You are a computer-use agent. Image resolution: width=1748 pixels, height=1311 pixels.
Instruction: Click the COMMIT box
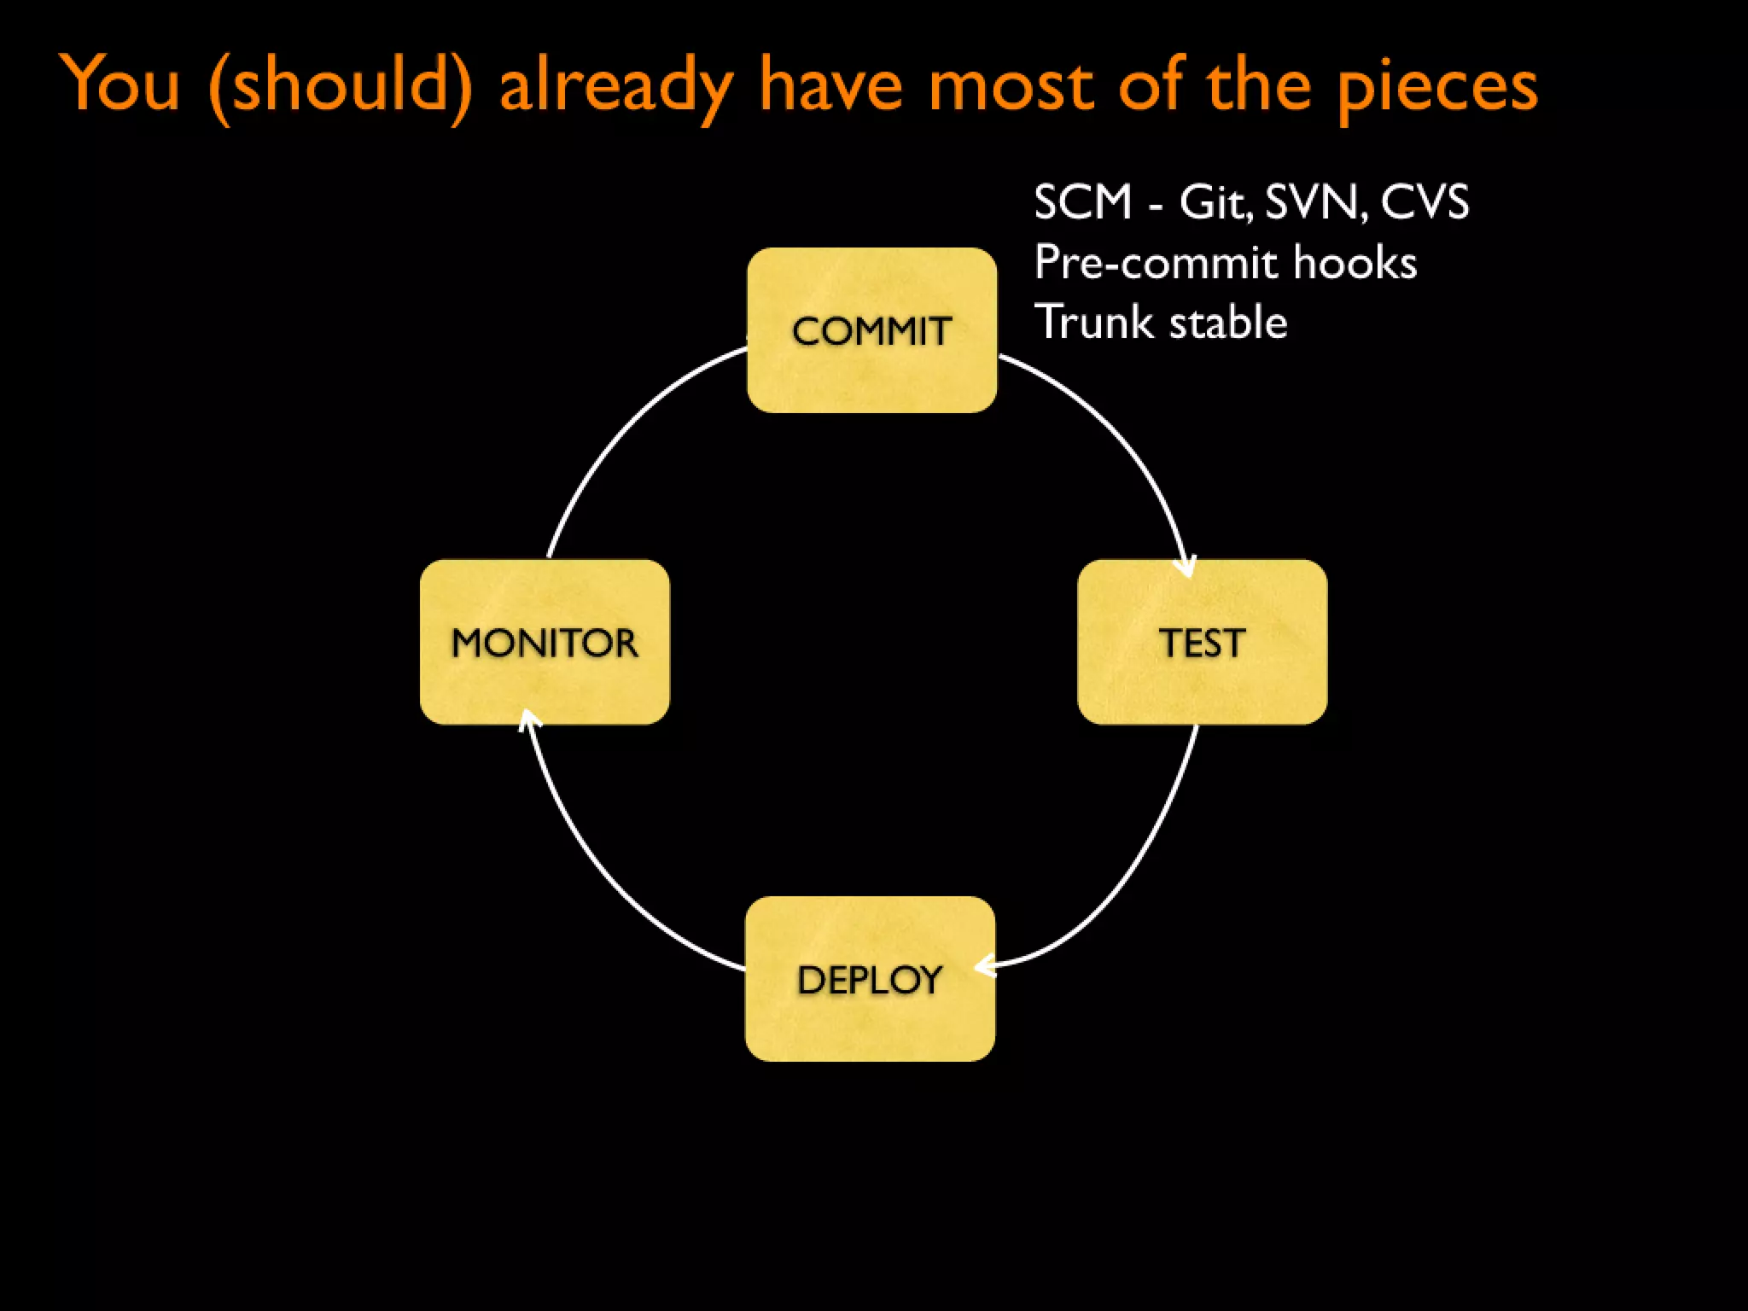(x=871, y=330)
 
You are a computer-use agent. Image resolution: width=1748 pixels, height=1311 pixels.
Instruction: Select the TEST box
(x=1202, y=642)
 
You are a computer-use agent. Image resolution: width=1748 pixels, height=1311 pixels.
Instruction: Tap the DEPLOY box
(x=870, y=979)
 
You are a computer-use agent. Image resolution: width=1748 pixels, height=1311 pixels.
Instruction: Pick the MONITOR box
(x=545, y=642)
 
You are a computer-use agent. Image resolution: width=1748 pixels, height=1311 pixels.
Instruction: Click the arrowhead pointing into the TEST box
(x=1186, y=568)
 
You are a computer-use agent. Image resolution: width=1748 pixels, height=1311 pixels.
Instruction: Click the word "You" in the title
(x=121, y=84)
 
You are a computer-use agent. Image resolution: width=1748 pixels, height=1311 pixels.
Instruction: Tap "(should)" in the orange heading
(x=340, y=85)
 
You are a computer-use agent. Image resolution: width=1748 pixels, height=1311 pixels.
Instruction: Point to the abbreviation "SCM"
(x=1082, y=202)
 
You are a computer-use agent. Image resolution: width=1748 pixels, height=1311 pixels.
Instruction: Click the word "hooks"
(x=1355, y=262)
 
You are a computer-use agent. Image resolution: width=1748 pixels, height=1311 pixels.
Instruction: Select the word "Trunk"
(x=1093, y=322)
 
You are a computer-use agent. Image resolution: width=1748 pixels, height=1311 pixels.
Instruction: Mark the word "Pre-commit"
(x=1155, y=263)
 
